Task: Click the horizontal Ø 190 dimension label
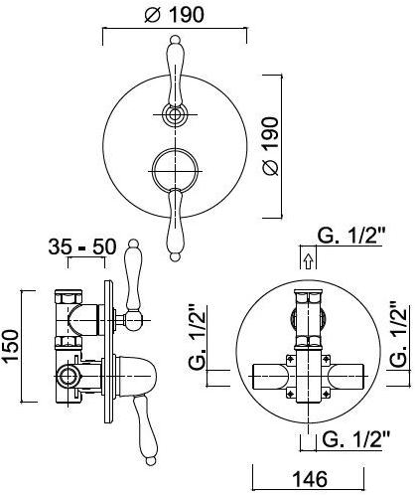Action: [x=174, y=14]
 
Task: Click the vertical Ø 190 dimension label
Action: [x=271, y=146]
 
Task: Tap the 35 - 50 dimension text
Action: [x=82, y=247]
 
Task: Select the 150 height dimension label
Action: [x=11, y=345]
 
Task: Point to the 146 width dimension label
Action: [x=310, y=479]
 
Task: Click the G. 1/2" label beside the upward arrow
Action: [x=351, y=236]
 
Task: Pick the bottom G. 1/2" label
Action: [x=356, y=439]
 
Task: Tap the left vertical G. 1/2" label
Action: [x=198, y=337]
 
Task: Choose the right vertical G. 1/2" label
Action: [x=398, y=334]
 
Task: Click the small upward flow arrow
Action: [x=308, y=261]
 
